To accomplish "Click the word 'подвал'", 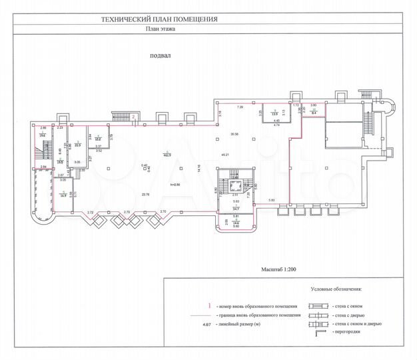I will point(161,57).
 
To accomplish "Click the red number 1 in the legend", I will point(210,305).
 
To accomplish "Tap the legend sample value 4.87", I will point(210,324).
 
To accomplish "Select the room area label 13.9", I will point(272,113).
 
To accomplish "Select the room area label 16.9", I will point(63,195).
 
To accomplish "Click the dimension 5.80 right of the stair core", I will point(271,200).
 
